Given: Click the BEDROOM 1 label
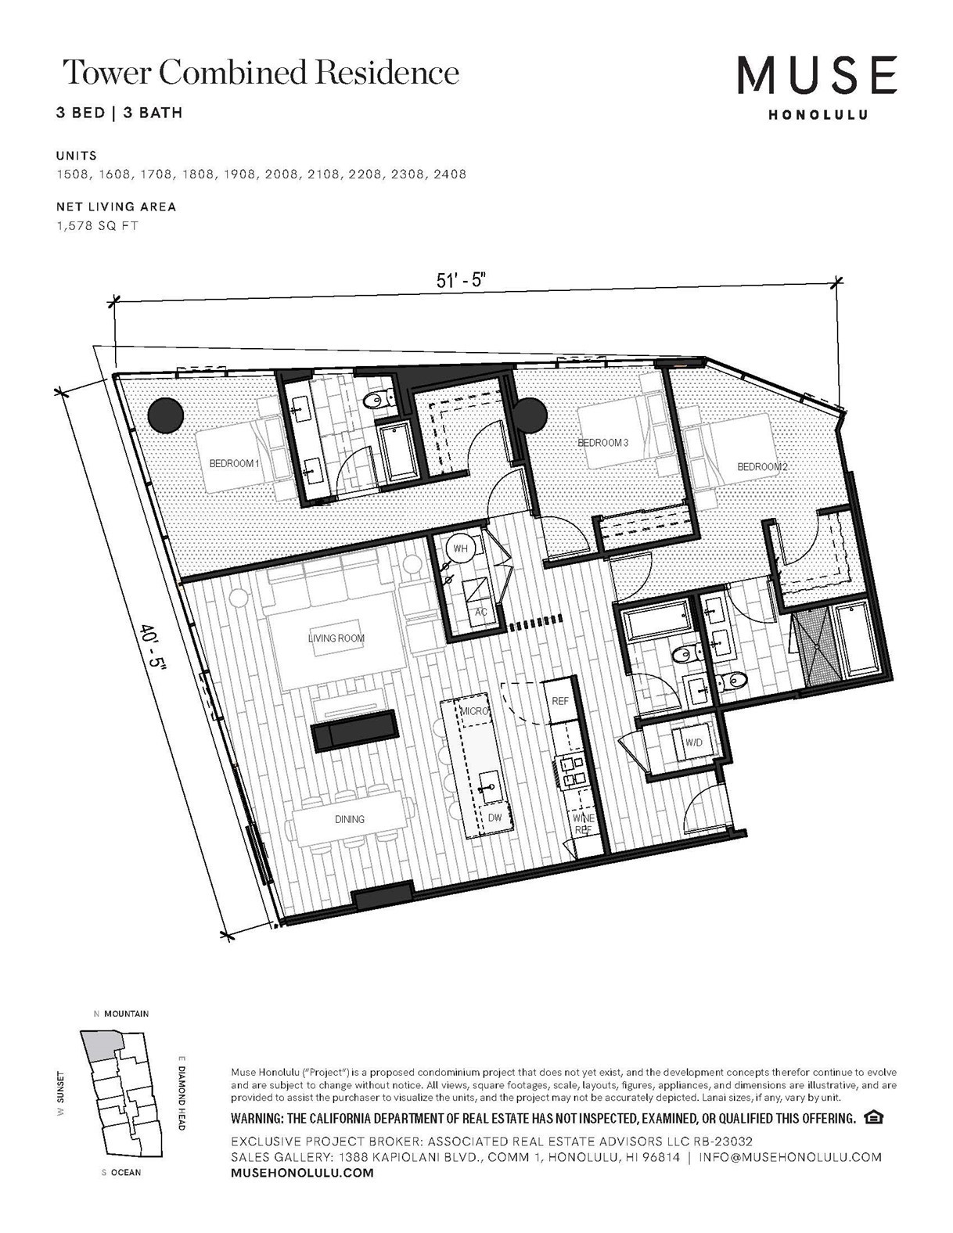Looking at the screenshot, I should pyautogui.click(x=233, y=463).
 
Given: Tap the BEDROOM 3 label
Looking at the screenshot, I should pyautogui.click(x=602, y=443).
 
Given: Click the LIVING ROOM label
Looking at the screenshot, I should pyautogui.click(x=336, y=638).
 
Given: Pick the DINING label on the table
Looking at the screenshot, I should pyautogui.click(x=350, y=819).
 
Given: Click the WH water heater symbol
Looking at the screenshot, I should pyautogui.click(x=460, y=548).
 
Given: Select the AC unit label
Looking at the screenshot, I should pyautogui.click(x=481, y=611).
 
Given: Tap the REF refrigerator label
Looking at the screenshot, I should pyautogui.click(x=560, y=701).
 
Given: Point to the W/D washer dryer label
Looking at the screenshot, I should pyautogui.click(x=693, y=742).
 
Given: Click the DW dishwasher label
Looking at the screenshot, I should pyautogui.click(x=494, y=817).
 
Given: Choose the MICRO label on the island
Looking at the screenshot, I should pyautogui.click(x=474, y=711).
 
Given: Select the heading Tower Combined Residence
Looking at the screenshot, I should pyautogui.click(x=261, y=73).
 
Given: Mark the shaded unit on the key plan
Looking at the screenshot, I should pyautogui.click(x=100, y=1044).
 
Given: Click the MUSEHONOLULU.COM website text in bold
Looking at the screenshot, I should pyautogui.click(x=302, y=1173).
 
